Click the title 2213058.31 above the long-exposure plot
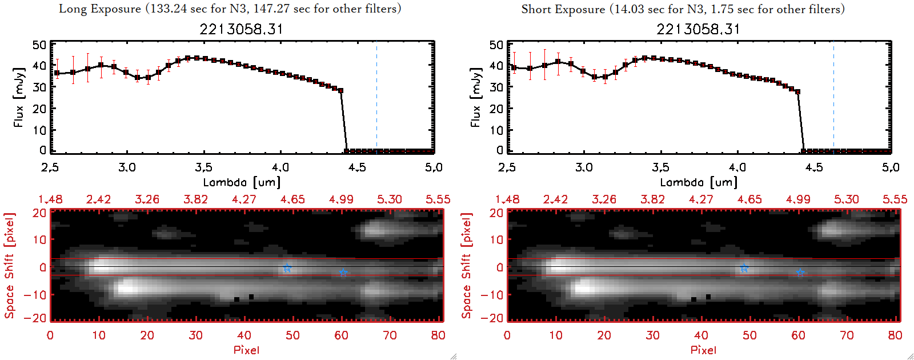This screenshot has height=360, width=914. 241,29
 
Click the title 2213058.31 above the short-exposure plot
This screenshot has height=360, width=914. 698,29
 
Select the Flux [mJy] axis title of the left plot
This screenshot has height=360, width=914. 19,97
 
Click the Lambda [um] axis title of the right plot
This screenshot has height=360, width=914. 699,182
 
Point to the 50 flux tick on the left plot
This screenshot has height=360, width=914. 39,45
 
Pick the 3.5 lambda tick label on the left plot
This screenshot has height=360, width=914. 203,167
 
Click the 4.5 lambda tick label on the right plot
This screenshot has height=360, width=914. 814,167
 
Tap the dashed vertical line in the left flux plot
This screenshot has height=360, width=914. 376,97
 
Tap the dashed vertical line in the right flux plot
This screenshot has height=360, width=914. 833,97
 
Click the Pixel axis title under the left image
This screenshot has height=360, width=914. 246,350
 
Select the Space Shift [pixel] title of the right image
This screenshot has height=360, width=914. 467,266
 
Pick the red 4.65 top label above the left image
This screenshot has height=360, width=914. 292,199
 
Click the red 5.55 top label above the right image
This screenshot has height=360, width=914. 895,199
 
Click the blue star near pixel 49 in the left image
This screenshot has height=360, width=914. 287,268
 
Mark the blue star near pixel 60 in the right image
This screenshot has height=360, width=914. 800,273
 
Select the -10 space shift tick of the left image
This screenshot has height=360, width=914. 35,294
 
